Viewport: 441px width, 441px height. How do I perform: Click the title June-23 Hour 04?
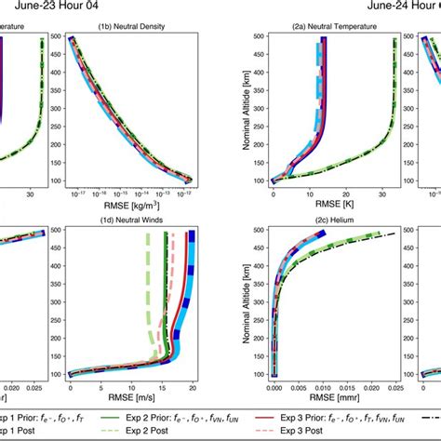58,7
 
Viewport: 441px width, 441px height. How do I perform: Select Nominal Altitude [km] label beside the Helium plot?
244,302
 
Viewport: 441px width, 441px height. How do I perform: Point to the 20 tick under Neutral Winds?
192,385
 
